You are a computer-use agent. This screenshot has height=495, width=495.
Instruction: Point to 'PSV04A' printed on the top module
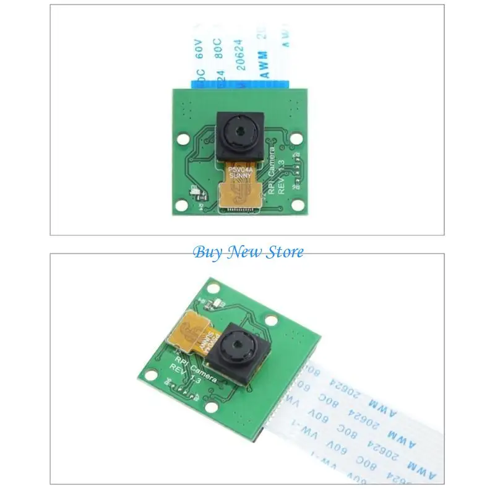tap(239, 168)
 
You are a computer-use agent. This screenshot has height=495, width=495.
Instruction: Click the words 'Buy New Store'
tap(248, 252)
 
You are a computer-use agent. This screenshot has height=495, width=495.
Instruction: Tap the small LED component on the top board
tap(196, 193)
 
